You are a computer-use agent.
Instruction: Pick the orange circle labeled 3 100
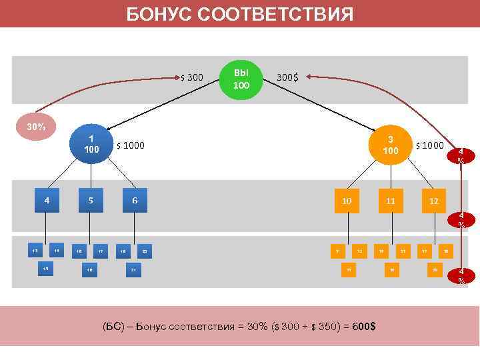point(391,145)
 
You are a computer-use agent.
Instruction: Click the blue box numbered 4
point(47,199)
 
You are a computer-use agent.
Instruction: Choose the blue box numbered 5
point(91,199)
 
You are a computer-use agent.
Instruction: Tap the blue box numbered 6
point(135,199)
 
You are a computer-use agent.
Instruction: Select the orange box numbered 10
point(347,200)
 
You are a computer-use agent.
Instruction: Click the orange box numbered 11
point(391,200)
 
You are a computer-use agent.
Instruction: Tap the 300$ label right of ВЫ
point(287,77)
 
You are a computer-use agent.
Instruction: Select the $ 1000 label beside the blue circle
point(131,145)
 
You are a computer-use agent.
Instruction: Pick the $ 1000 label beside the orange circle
point(429,145)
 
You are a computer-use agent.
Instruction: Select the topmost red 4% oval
point(463,157)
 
